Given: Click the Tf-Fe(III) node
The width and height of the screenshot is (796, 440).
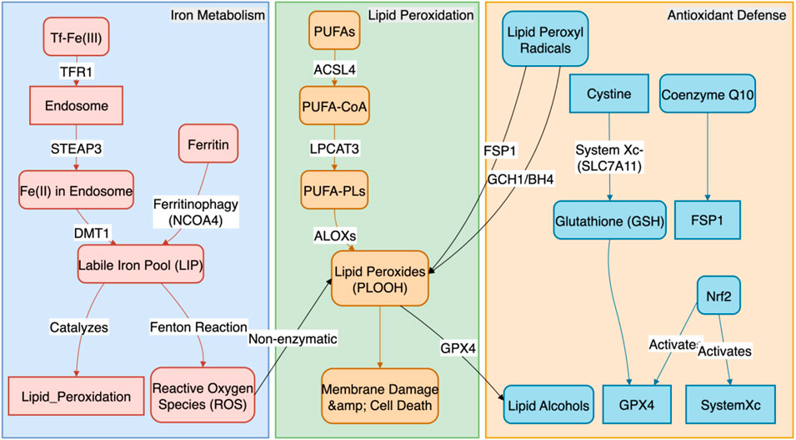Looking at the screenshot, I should point(77,38).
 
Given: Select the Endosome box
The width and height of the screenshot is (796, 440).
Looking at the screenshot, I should point(77,106).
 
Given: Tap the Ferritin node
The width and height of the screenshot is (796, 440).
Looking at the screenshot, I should point(208,144).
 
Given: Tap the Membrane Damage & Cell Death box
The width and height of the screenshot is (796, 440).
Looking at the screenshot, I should point(379,397).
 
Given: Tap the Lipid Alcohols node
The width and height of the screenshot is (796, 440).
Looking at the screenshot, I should point(547,406).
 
